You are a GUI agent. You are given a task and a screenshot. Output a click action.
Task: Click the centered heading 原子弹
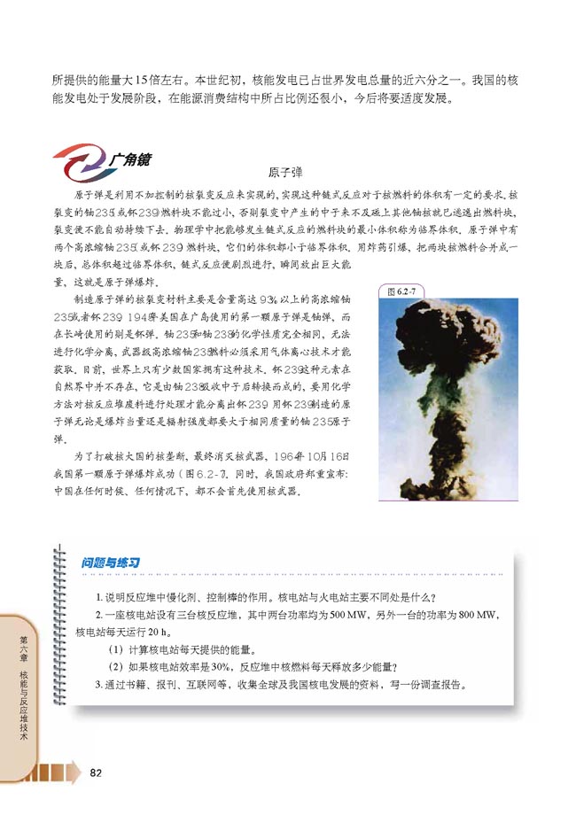coord(285,174)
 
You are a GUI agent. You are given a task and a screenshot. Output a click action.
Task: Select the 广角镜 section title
coord(131,160)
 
